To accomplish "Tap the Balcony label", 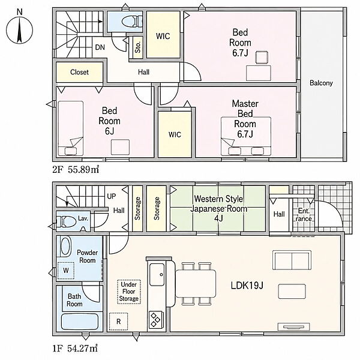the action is [x=321, y=83].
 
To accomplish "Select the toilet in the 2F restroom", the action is [x=132, y=22].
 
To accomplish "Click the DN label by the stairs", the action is [x=100, y=47].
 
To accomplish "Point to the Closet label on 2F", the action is [x=79, y=72].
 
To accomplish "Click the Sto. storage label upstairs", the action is [x=137, y=47].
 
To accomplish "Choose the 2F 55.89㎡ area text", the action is [x=76, y=170].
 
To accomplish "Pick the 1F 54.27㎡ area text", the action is [x=75, y=349].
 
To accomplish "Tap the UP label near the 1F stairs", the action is [x=112, y=196].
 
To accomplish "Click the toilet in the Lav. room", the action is [x=67, y=221].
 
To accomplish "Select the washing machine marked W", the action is [x=65, y=271].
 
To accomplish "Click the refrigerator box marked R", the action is [x=118, y=322].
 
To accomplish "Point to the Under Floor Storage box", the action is [x=129, y=292].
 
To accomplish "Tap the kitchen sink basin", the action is [x=157, y=275].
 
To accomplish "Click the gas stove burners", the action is [x=155, y=320].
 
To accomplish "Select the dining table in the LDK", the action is [x=196, y=284].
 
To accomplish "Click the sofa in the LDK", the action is [x=292, y=260].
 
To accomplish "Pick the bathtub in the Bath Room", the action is [x=80, y=322].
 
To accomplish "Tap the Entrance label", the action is [x=304, y=215].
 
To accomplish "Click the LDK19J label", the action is [x=247, y=286].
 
